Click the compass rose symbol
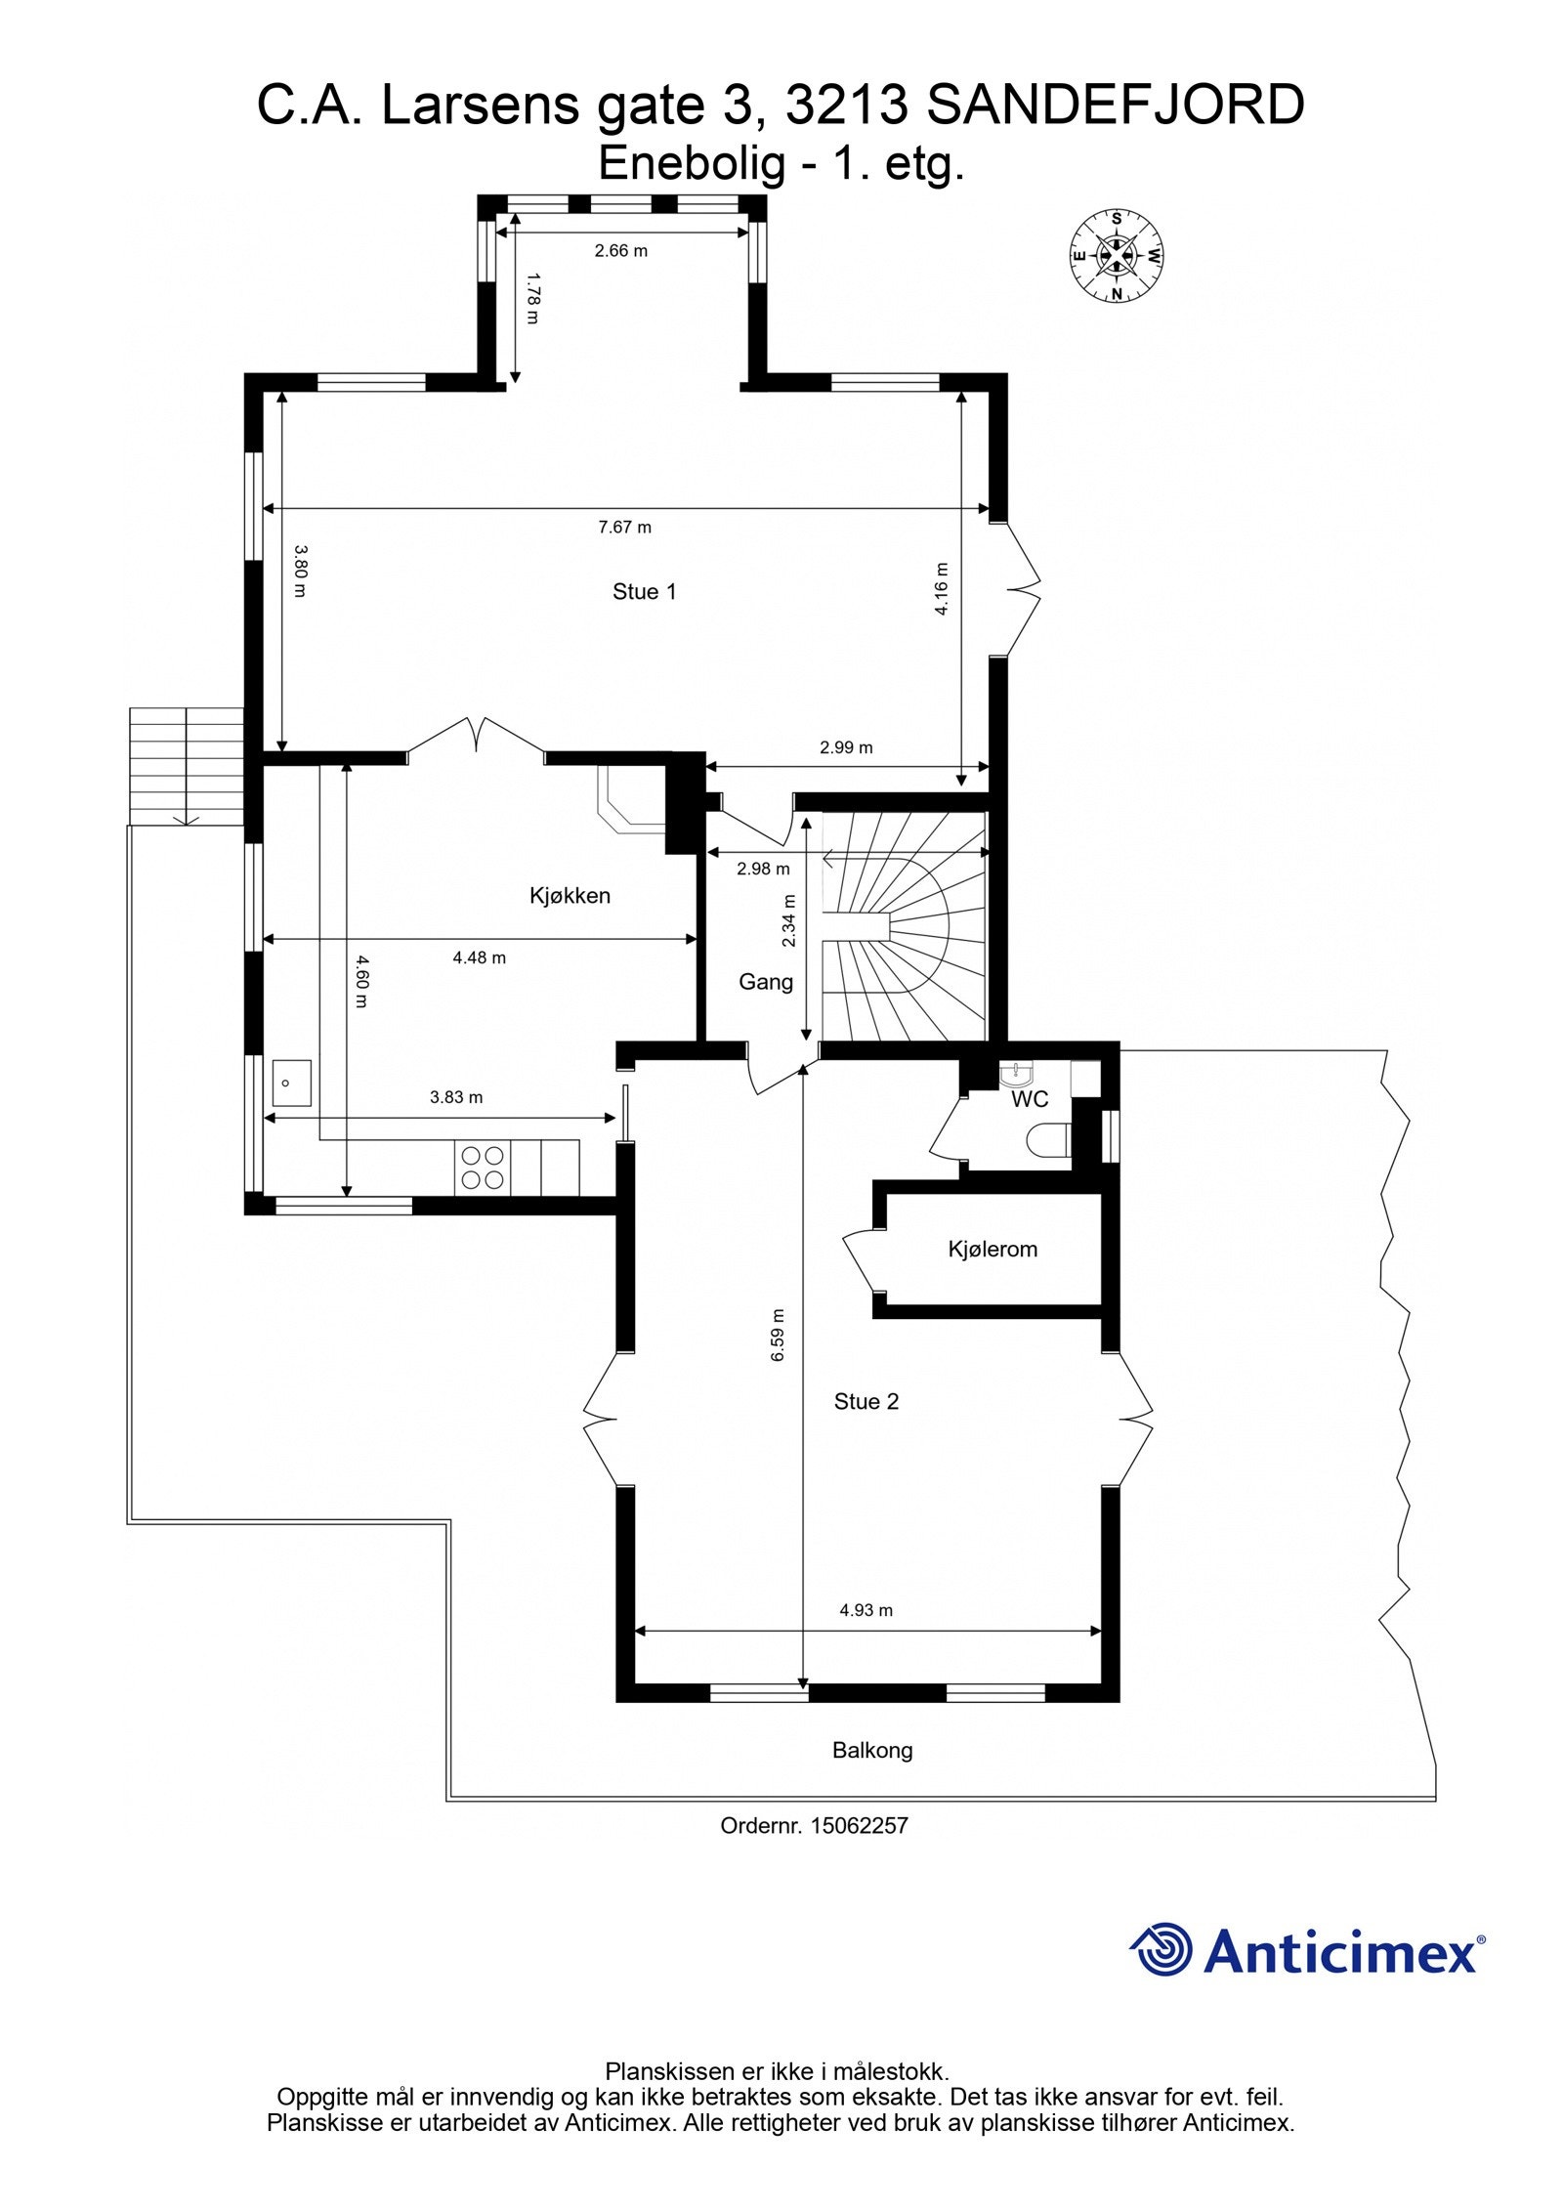(1115, 256)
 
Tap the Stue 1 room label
(644, 591)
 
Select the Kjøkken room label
(570, 895)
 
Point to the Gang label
(765, 981)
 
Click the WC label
(1029, 1099)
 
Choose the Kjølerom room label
(992, 1249)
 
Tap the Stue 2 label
(866, 1401)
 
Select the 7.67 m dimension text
(624, 528)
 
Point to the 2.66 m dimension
(620, 251)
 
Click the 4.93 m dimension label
(866, 1610)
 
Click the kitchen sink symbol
(291, 1083)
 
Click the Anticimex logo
(1307, 1950)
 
